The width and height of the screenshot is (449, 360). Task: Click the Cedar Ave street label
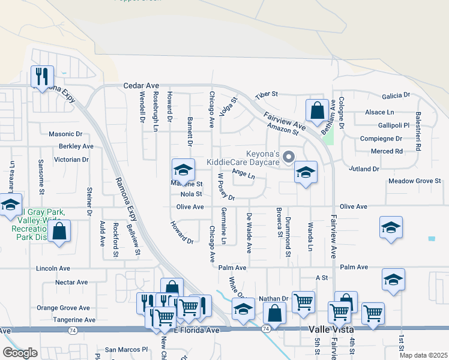pyautogui.click(x=141, y=86)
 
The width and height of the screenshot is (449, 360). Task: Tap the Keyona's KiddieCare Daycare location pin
pyautogui.click(x=289, y=158)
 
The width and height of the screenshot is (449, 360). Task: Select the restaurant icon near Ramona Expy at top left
pyautogui.click(x=43, y=77)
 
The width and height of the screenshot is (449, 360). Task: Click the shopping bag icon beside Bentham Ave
pyautogui.click(x=317, y=111)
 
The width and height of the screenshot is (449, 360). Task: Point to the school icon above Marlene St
pyautogui.click(x=184, y=170)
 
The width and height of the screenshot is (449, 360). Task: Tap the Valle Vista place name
pyautogui.click(x=333, y=330)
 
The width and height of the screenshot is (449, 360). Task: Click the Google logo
pyautogui.click(x=20, y=353)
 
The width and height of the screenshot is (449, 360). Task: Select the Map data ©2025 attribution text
pyautogui.click(x=423, y=355)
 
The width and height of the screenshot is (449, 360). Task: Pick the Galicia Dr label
pyautogui.click(x=396, y=95)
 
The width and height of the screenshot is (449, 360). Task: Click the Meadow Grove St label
pyautogui.click(x=415, y=181)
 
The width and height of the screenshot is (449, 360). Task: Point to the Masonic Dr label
pyautogui.click(x=65, y=134)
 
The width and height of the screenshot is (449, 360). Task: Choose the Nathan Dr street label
pyautogui.click(x=274, y=298)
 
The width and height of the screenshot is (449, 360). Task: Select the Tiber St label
pyautogui.click(x=267, y=95)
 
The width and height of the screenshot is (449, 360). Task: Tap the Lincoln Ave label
pyautogui.click(x=53, y=268)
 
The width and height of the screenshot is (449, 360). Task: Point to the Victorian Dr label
pyautogui.click(x=71, y=160)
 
